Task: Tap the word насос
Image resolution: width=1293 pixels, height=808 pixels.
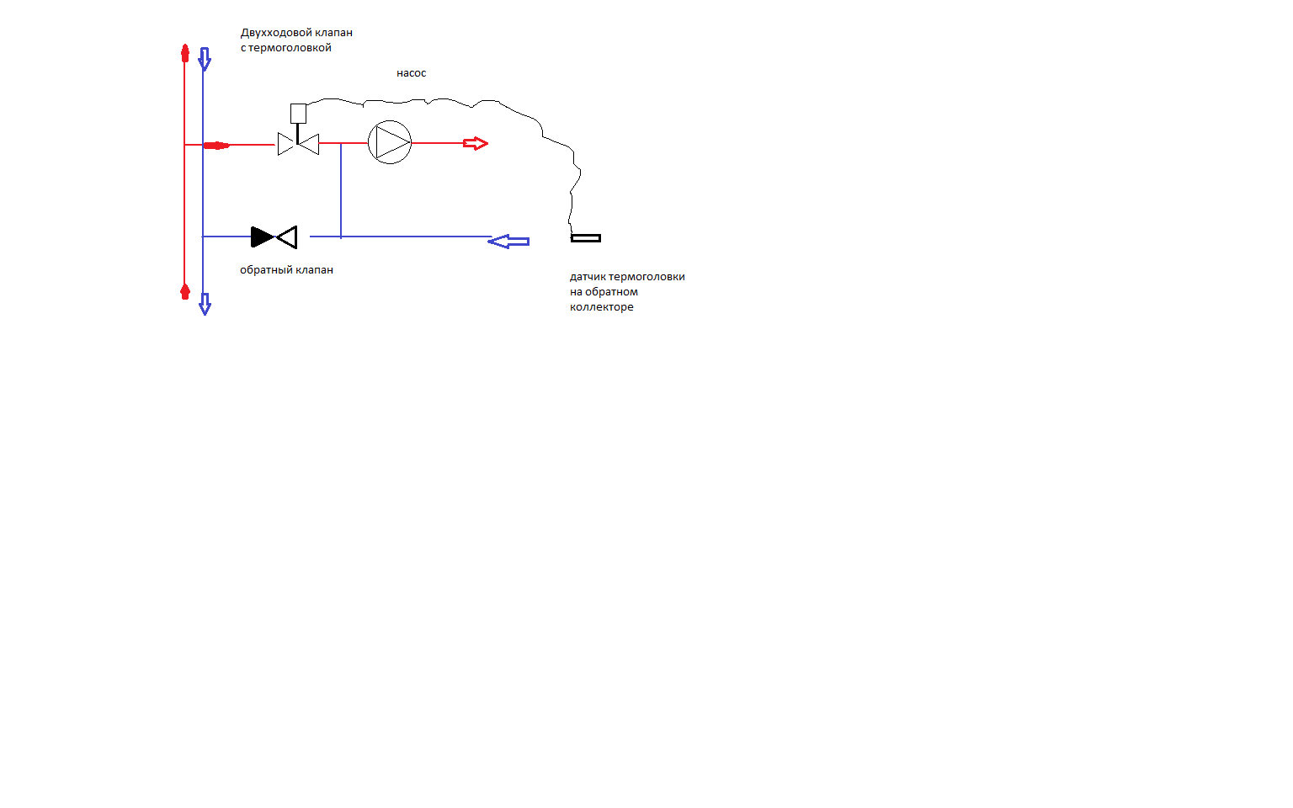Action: [411, 73]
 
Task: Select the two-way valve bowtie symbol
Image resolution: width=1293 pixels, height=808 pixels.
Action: [298, 144]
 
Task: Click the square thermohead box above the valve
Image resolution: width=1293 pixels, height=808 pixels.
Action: [298, 114]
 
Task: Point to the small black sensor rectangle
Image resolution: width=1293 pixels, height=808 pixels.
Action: [586, 238]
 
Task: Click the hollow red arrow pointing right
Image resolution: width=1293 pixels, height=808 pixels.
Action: [476, 143]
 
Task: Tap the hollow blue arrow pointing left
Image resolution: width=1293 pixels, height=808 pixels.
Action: [508, 242]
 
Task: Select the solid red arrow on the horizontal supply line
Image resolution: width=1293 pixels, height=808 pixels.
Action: [216, 146]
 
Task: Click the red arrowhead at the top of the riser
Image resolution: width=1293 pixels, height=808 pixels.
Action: [184, 53]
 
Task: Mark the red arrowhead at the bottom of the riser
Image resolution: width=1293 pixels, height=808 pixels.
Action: [184, 291]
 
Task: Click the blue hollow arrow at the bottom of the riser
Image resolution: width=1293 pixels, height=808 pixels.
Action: [205, 304]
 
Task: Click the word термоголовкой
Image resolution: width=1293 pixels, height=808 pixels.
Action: [290, 48]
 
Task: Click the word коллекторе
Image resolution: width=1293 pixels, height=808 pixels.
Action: [602, 307]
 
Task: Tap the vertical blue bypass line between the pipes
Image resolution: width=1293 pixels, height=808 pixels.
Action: [341, 190]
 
